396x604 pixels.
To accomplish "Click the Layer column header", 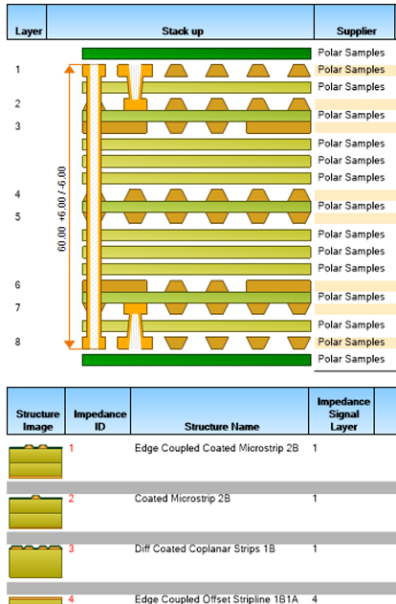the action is pos(28,31).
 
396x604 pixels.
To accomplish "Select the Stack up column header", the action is pos(183,31).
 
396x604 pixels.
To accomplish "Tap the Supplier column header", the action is pos(357,31).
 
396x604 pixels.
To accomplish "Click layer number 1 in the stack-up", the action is pos(18,69).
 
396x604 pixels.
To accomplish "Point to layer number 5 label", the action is pos(18,216).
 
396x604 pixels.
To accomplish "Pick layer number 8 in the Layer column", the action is pos(18,342).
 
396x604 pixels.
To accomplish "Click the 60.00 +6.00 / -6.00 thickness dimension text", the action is pos(61,209).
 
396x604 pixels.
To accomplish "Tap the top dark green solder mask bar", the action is pos(196,54).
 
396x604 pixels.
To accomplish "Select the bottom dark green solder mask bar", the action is pos(196,360).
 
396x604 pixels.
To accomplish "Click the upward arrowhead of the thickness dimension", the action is pos(69,69).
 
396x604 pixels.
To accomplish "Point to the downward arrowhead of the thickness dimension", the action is pos(69,345).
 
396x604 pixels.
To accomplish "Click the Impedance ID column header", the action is pos(100,420).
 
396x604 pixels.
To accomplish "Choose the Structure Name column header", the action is pos(222,426).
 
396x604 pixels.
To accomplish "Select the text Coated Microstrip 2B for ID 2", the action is pos(183,499).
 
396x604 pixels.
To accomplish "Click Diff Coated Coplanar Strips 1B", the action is pos(205,548).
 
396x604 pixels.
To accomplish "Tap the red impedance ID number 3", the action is pos(71,548).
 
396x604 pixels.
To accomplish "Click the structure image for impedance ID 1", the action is pos(35,461).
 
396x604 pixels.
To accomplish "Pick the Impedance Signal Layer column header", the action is pos(343,414).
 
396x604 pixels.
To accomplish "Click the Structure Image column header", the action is pos(37,420).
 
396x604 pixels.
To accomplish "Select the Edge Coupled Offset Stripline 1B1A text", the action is pos(216,599).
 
